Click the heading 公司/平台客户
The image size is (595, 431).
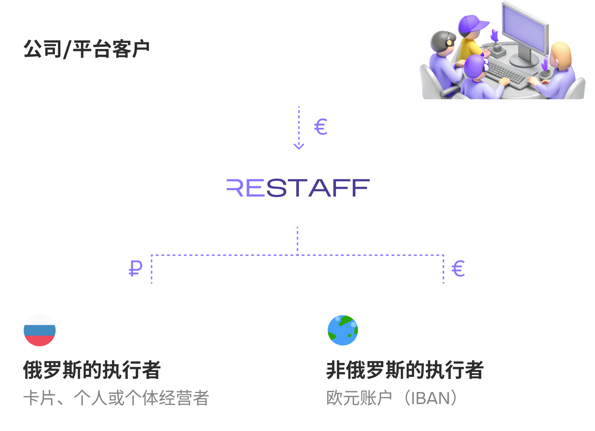point(86,49)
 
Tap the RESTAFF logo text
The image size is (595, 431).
point(298,188)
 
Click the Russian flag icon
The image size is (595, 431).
point(40,330)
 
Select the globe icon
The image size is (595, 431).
point(343,330)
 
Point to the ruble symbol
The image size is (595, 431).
point(135,268)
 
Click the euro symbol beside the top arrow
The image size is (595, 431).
point(321,127)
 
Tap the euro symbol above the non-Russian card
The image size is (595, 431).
point(458,269)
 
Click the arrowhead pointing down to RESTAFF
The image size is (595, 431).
point(299,146)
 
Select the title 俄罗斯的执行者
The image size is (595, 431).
point(92,370)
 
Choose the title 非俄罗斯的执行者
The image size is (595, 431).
point(405,370)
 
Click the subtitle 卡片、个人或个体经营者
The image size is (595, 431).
point(116,398)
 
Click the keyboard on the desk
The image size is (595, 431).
point(507,72)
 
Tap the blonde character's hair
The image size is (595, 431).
point(561,55)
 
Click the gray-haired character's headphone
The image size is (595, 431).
point(449,43)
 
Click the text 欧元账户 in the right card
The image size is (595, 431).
point(359,398)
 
